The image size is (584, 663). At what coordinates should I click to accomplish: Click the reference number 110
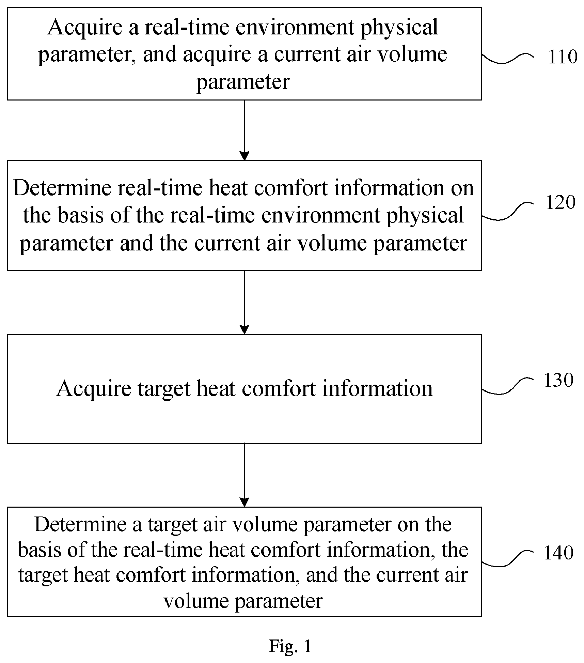click(x=562, y=57)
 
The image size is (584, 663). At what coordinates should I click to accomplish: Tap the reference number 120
click(x=561, y=202)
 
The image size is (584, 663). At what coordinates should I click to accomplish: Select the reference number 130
click(x=559, y=380)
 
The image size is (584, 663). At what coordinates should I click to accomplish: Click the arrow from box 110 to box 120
click(x=244, y=130)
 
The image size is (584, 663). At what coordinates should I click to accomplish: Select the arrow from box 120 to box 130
click(x=244, y=302)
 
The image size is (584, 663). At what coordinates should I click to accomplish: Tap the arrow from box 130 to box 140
click(x=244, y=475)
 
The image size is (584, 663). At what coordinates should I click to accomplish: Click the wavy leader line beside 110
click(x=507, y=58)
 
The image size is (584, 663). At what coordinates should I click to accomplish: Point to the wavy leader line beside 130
click(x=507, y=386)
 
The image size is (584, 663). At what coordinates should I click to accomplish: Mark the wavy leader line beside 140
click(x=507, y=558)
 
